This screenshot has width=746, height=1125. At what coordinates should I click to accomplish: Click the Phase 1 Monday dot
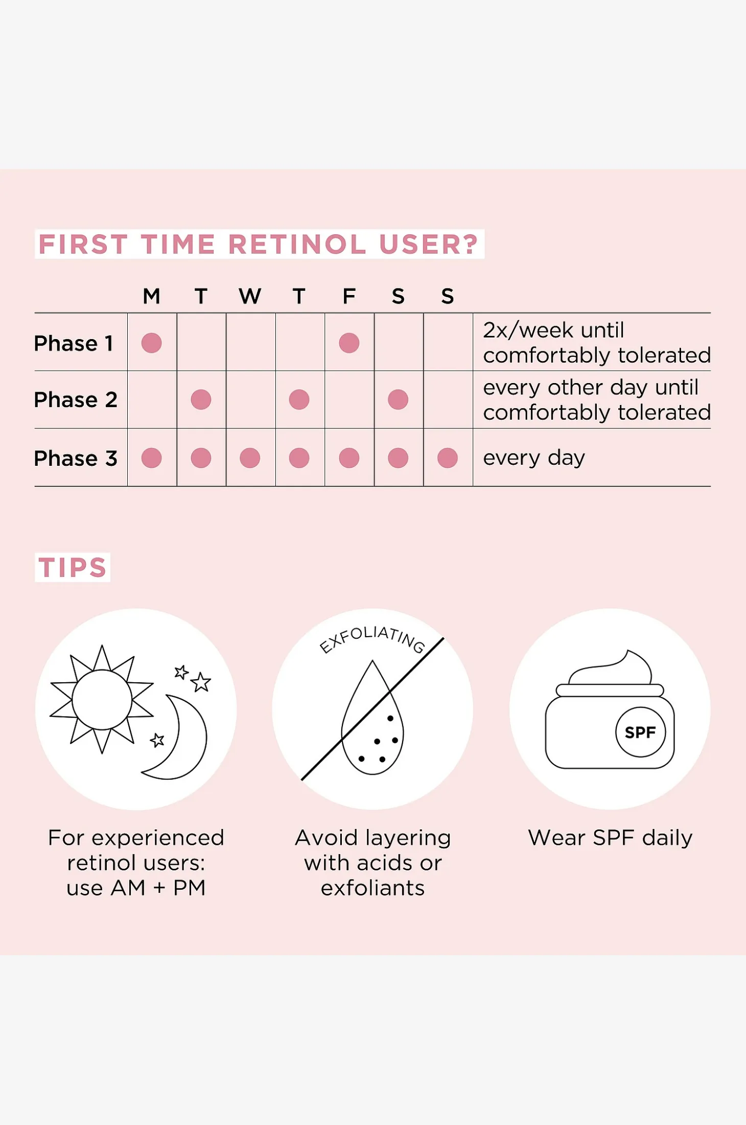(x=151, y=343)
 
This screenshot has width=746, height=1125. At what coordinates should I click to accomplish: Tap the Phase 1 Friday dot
(x=349, y=343)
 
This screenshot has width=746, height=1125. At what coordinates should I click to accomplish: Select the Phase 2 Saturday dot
(x=398, y=399)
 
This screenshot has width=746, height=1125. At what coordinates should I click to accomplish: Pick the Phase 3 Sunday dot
(x=448, y=458)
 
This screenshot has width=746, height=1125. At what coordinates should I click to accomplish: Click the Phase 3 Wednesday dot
(x=250, y=458)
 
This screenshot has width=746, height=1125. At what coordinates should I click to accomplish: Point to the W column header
(x=250, y=296)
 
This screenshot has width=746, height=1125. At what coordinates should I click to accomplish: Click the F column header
(x=349, y=296)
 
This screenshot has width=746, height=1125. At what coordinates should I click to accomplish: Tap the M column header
(x=151, y=296)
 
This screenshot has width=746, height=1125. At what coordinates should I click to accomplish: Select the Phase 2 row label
(x=76, y=399)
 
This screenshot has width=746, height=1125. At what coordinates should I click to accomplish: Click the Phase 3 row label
(x=76, y=458)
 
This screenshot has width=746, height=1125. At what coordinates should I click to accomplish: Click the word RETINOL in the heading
(x=297, y=244)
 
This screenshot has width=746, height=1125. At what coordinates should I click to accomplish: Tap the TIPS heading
(x=73, y=567)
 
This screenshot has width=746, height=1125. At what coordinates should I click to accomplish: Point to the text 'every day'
(x=534, y=458)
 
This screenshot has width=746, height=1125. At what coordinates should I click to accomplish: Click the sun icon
(x=102, y=700)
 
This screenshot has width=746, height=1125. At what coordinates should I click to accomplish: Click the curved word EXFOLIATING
(x=372, y=638)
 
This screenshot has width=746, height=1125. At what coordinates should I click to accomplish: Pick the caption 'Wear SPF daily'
(x=610, y=838)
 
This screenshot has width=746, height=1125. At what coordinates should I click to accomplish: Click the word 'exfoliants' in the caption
(x=372, y=888)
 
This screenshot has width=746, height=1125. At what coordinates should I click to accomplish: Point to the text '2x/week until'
(x=553, y=330)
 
